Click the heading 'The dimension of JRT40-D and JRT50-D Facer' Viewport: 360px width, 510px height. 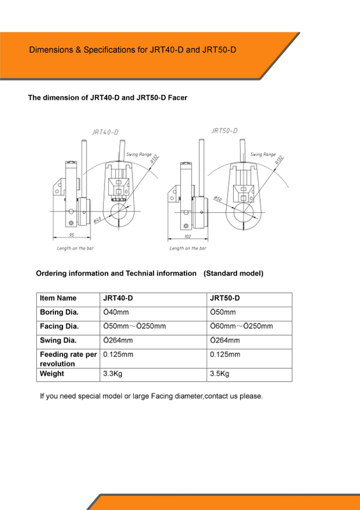coord(107,98)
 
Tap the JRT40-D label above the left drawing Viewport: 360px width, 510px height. coord(105,132)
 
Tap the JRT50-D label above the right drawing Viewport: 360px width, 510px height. coord(224,130)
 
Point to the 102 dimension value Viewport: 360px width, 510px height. coord(187,236)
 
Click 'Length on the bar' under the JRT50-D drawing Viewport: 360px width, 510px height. coord(188,248)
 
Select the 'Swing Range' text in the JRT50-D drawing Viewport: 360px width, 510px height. coord(263,154)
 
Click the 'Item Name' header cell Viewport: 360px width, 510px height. coord(58,298)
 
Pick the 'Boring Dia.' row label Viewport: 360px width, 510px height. coord(59,312)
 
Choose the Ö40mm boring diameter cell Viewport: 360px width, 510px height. coord(116,312)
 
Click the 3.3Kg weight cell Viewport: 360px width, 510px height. coord(113,374)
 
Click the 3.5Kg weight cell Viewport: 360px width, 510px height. coord(220,374)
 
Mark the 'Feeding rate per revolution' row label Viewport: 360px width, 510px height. coord(68,359)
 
